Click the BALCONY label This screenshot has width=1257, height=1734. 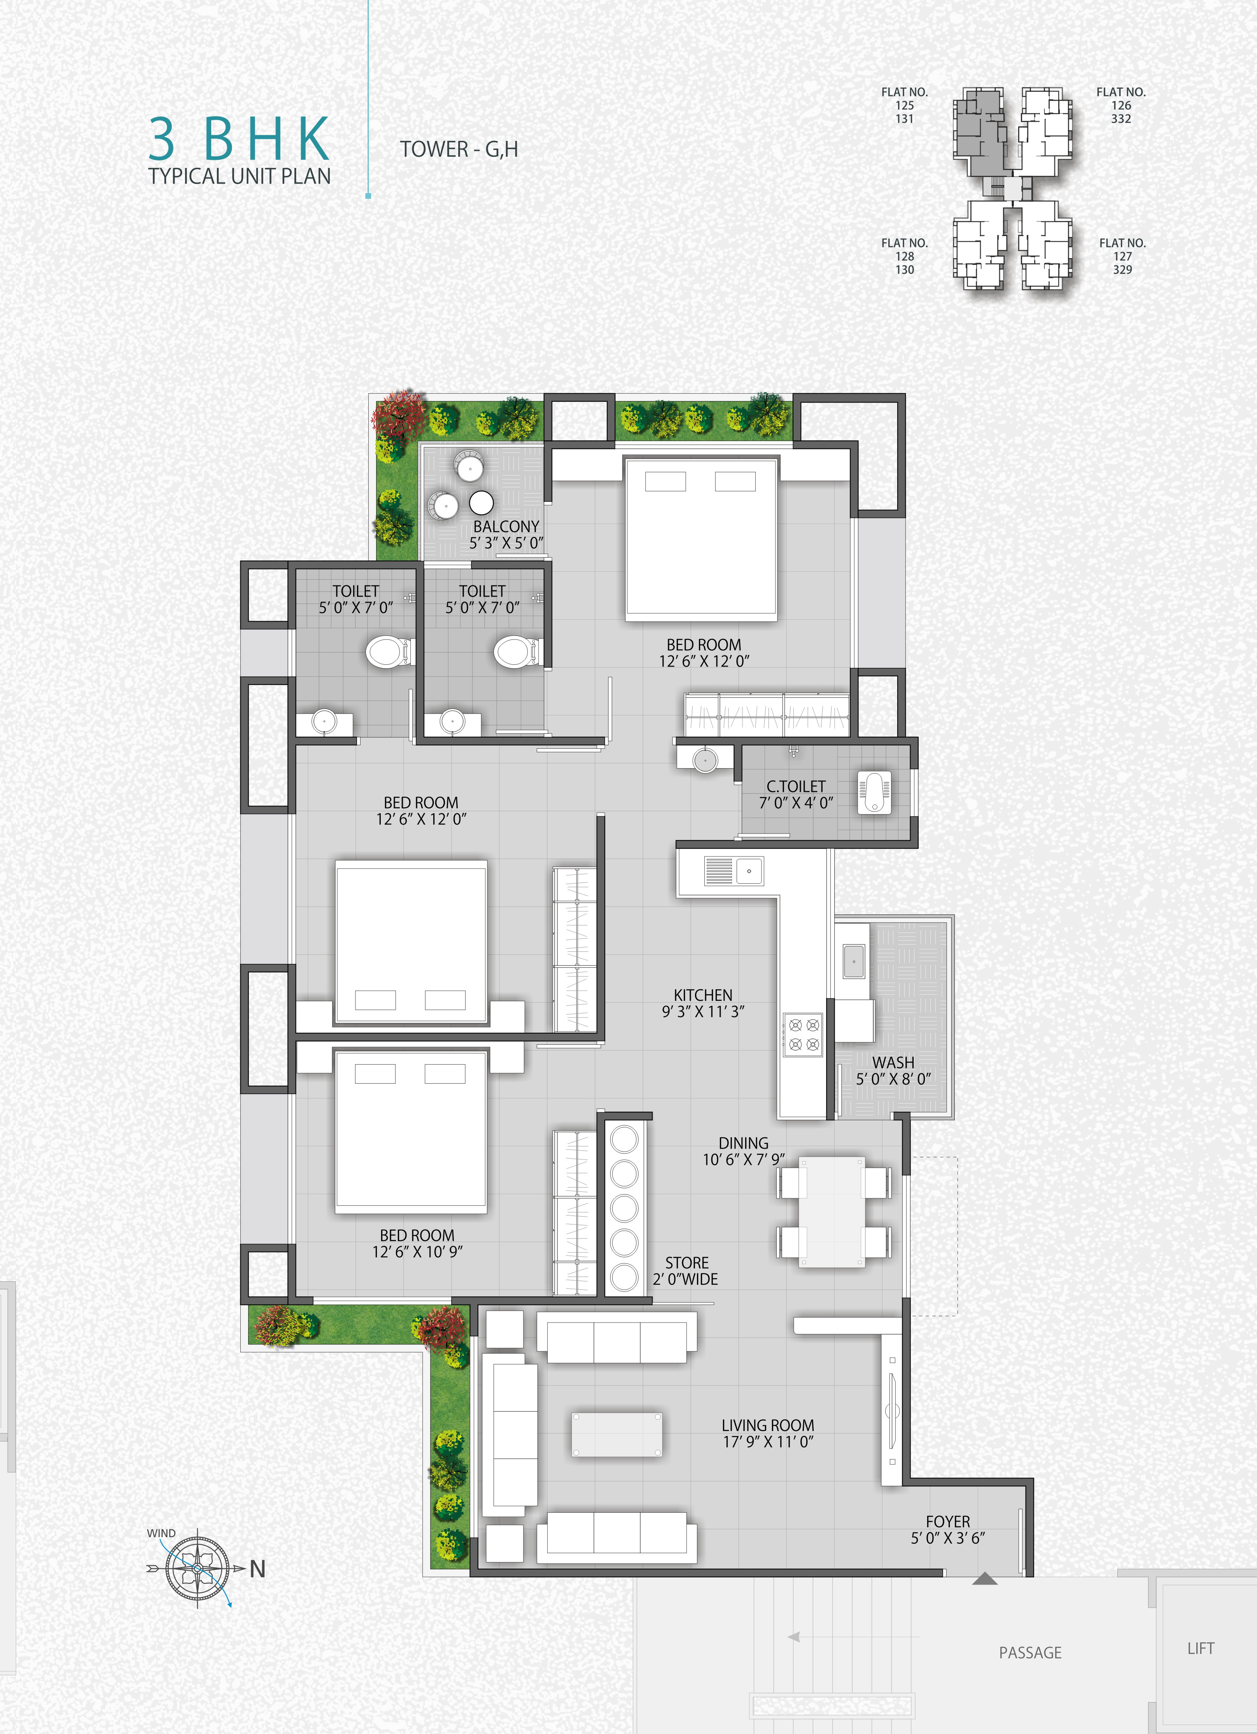coord(506,527)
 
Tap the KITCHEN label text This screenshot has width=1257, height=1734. coord(703,995)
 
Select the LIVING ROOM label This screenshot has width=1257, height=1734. coord(768,1425)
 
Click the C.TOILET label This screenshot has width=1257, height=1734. coord(796,786)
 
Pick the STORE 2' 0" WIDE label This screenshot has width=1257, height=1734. coord(686,1271)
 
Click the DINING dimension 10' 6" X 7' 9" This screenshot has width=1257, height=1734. coord(743,1159)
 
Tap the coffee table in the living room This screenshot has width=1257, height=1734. coord(616,1434)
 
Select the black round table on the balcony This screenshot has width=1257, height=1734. coord(481,502)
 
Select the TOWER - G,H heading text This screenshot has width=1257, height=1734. coord(459,149)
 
